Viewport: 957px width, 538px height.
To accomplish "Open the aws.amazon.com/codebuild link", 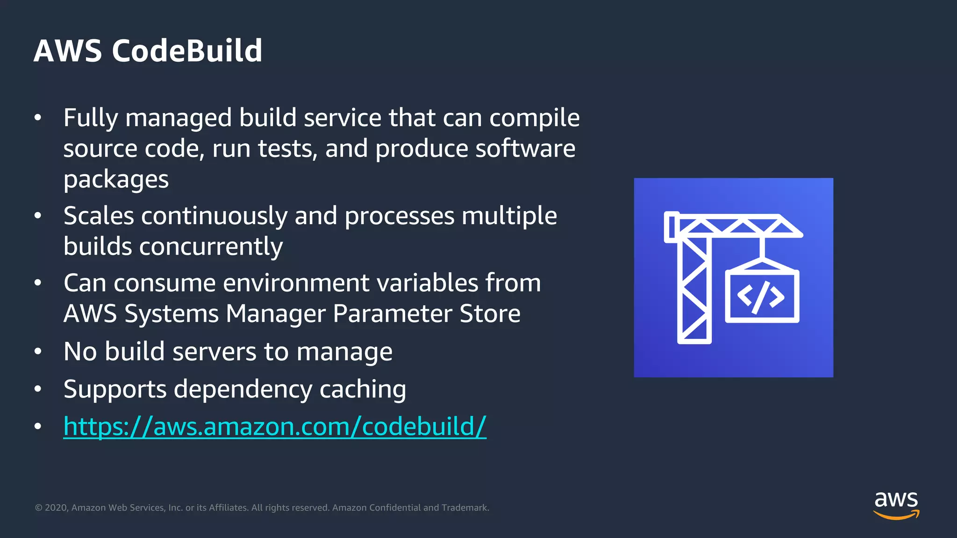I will pyautogui.click(x=275, y=426).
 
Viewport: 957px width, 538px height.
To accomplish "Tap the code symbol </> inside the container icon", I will pyautogui.click(x=761, y=297).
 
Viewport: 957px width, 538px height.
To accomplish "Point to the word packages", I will pyautogui.click(x=116, y=180).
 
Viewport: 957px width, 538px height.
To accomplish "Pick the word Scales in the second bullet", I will pyautogui.click(x=98, y=216).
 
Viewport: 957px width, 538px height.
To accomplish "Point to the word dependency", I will pyautogui.click(x=243, y=389).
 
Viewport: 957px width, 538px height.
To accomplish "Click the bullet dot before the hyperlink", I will pyautogui.click(x=38, y=426).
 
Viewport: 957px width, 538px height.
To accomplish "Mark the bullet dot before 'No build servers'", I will pyautogui.click(x=38, y=352).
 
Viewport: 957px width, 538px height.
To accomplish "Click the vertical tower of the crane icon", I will pyautogui.click(x=694, y=290).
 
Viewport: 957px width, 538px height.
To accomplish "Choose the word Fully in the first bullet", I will pyautogui.click(x=91, y=118).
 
